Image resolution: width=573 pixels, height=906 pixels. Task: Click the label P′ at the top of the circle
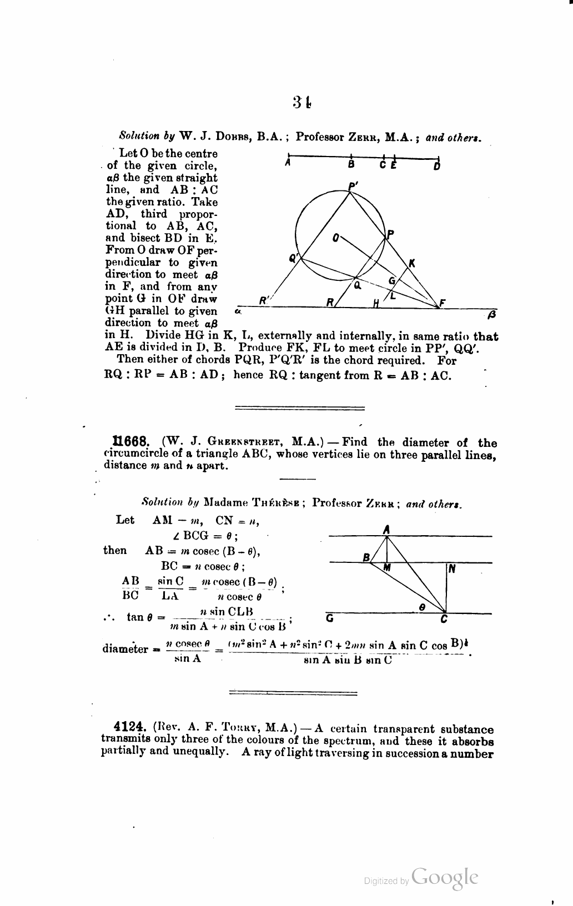[353, 187]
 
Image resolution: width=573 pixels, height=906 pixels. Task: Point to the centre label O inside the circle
[335, 239]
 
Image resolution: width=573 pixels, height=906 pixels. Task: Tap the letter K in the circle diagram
[411, 263]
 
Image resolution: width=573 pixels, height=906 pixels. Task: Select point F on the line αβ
[442, 303]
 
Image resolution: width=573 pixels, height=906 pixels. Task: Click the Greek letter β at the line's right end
[490, 316]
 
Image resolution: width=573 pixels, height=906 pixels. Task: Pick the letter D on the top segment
[437, 165]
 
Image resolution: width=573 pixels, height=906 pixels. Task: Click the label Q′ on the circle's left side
[294, 258]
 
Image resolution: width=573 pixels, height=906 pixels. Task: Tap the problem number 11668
[130, 442]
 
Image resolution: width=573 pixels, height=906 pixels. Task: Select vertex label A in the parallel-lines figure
[386, 530]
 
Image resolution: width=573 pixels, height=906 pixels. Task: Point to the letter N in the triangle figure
[451, 568]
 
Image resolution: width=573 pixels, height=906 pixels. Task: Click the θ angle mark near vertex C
[422, 608]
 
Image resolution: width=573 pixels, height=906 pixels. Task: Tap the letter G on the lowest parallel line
[329, 618]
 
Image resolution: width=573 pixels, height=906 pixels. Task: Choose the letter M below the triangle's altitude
[387, 568]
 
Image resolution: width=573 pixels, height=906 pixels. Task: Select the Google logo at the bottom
[445, 878]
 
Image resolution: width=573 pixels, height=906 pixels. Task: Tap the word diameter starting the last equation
[125, 649]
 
